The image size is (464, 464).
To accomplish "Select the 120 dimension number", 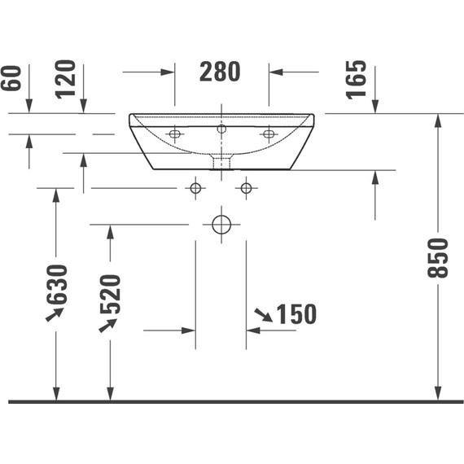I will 67,77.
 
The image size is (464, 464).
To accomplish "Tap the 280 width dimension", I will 221,72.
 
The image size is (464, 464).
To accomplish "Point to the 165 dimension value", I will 357,79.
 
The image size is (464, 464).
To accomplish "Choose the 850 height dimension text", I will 438,258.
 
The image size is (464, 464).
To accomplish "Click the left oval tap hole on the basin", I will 174,134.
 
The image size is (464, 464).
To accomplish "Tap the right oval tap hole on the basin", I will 268,134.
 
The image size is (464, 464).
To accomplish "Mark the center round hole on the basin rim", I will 221,129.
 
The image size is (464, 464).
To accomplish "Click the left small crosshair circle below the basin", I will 195,189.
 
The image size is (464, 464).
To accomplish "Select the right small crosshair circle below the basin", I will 247,189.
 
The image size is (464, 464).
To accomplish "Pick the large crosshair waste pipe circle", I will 221,224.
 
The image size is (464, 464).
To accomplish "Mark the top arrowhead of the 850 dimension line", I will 438,120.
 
